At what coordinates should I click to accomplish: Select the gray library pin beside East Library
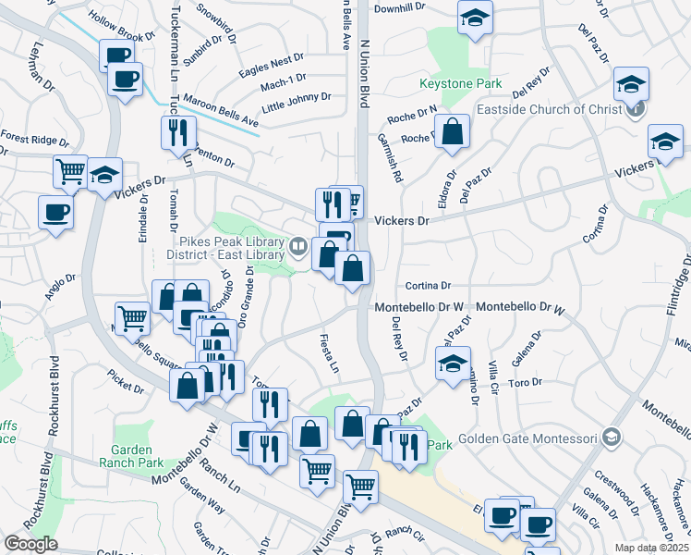click(x=298, y=246)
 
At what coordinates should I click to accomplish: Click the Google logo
click(x=30, y=545)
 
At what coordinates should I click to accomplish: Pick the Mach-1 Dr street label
click(x=283, y=83)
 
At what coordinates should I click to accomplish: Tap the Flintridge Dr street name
click(x=681, y=288)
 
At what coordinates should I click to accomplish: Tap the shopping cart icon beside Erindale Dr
click(x=70, y=171)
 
